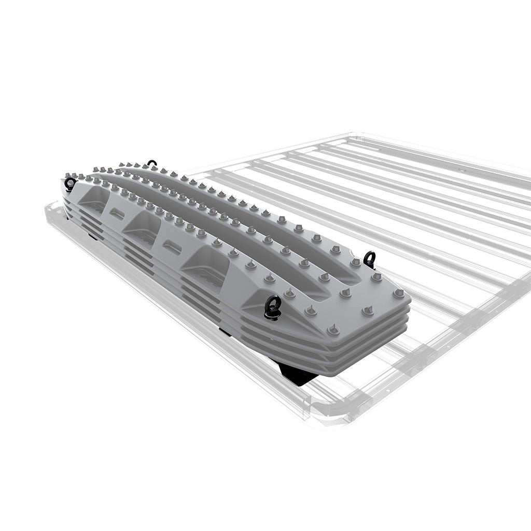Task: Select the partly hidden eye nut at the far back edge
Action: pos(151,163)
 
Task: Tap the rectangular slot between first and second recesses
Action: pos(117,213)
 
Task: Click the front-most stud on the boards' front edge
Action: pos(334,329)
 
